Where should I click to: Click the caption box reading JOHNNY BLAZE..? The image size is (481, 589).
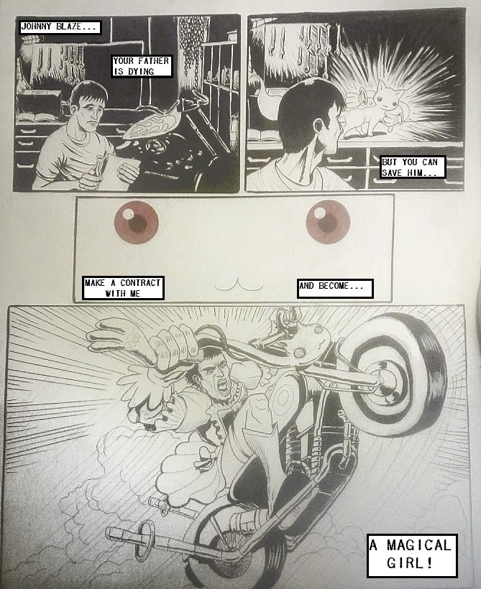(60, 27)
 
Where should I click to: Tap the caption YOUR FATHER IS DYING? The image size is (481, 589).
(142, 66)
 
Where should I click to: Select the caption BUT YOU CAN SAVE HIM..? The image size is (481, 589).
(413, 167)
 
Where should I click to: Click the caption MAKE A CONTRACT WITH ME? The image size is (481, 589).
(123, 288)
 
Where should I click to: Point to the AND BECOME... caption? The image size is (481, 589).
(335, 289)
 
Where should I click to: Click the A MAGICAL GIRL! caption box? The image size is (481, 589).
(412, 555)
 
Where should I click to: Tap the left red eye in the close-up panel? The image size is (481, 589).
(136, 222)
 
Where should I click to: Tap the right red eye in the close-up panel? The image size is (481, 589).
(329, 222)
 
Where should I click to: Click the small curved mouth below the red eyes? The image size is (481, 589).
(239, 285)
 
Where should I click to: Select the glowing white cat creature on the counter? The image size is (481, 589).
(376, 109)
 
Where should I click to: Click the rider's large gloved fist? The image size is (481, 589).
(174, 345)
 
